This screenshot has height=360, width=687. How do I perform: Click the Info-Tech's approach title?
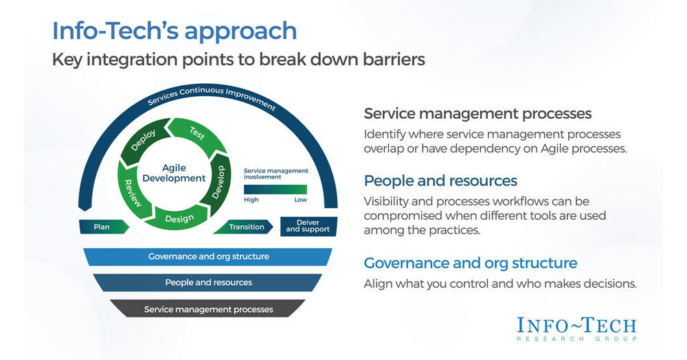(174, 31)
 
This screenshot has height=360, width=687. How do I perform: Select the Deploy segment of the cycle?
(144, 141)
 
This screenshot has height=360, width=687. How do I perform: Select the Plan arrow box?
(101, 227)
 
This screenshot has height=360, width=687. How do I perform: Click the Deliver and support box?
(307, 225)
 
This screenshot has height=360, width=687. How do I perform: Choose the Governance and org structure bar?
(208, 257)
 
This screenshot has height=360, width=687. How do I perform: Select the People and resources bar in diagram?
(208, 282)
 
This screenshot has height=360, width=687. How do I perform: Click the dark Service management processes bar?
(208, 309)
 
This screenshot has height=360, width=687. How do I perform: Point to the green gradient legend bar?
(275, 189)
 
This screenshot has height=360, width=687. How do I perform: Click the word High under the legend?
(251, 201)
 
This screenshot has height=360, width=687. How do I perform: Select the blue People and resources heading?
(440, 181)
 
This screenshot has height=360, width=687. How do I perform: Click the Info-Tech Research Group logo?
(576, 328)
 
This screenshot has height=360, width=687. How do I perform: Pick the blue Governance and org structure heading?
(470, 263)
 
